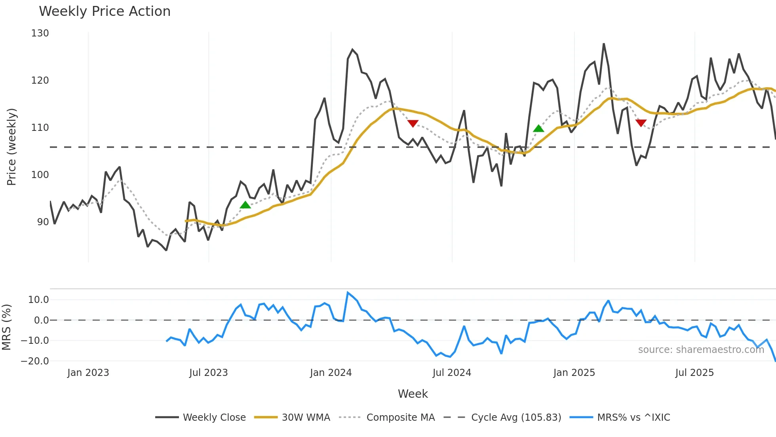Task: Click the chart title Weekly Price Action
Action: click(105, 11)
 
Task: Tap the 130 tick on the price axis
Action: click(40, 33)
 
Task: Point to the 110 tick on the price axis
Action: click(40, 128)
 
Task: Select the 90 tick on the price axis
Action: click(43, 222)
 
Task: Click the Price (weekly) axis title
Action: click(12, 147)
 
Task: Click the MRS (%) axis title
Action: click(6, 327)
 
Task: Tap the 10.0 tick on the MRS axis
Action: click(38, 300)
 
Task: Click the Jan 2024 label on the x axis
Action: click(331, 373)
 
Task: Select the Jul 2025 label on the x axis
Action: click(694, 373)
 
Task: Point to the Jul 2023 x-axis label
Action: click(208, 373)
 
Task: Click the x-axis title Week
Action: click(413, 394)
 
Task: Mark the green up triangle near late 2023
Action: click(245, 205)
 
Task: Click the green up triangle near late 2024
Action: click(538, 128)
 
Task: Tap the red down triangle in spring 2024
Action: click(413, 124)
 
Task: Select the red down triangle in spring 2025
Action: click(641, 123)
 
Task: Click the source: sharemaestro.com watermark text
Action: click(701, 350)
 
